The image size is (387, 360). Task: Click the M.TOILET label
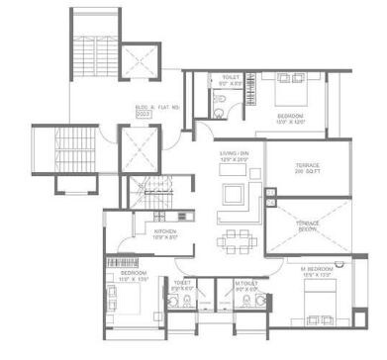[x=246, y=288]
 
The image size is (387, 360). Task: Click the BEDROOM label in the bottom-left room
[x=133, y=274]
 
